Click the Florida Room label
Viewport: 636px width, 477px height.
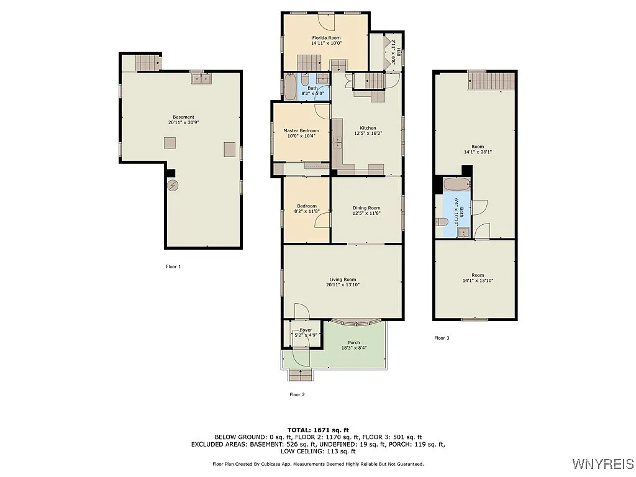[x=326, y=38]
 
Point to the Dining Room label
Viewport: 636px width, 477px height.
[x=366, y=208]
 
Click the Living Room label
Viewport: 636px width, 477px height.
[x=342, y=279]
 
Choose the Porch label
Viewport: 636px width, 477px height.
[x=354, y=343]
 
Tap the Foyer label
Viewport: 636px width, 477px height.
[x=306, y=330]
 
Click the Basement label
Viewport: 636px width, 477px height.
[x=183, y=117]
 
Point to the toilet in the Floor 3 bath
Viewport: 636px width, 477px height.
[x=442, y=222]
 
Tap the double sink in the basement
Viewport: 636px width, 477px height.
[x=201, y=79]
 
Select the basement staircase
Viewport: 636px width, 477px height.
[x=148, y=63]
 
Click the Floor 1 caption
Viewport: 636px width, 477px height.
[x=173, y=266]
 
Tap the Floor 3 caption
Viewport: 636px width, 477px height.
[x=442, y=338]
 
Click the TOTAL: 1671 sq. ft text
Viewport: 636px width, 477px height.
[x=318, y=430]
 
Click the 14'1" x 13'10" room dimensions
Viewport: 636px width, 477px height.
[x=477, y=281]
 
